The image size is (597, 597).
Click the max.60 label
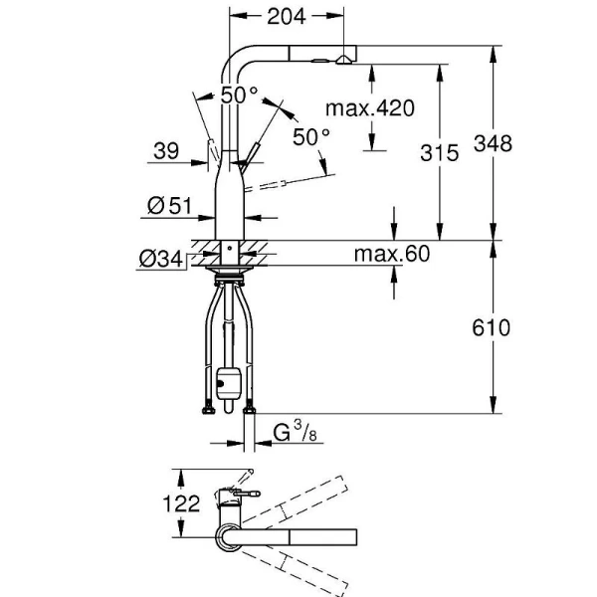pyautogui.click(x=391, y=255)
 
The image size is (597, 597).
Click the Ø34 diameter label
pyautogui.click(x=160, y=259)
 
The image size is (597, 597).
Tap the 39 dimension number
pyautogui.click(x=166, y=151)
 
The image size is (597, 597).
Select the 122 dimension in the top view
pyautogui.click(x=183, y=503)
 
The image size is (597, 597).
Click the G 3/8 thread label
pyautogui.click(x=294, y=433)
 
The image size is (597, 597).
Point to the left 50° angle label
pyautogui.click(x=239, y=96)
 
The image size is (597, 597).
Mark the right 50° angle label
pyautogui.click(x=311, y=136)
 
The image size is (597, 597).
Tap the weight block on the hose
pyautogui.click(x=226, y=380)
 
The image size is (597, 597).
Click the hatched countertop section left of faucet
pyautogui.click(x=202, y=245)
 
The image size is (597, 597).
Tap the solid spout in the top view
pyautogui.click(x=298, y=537)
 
